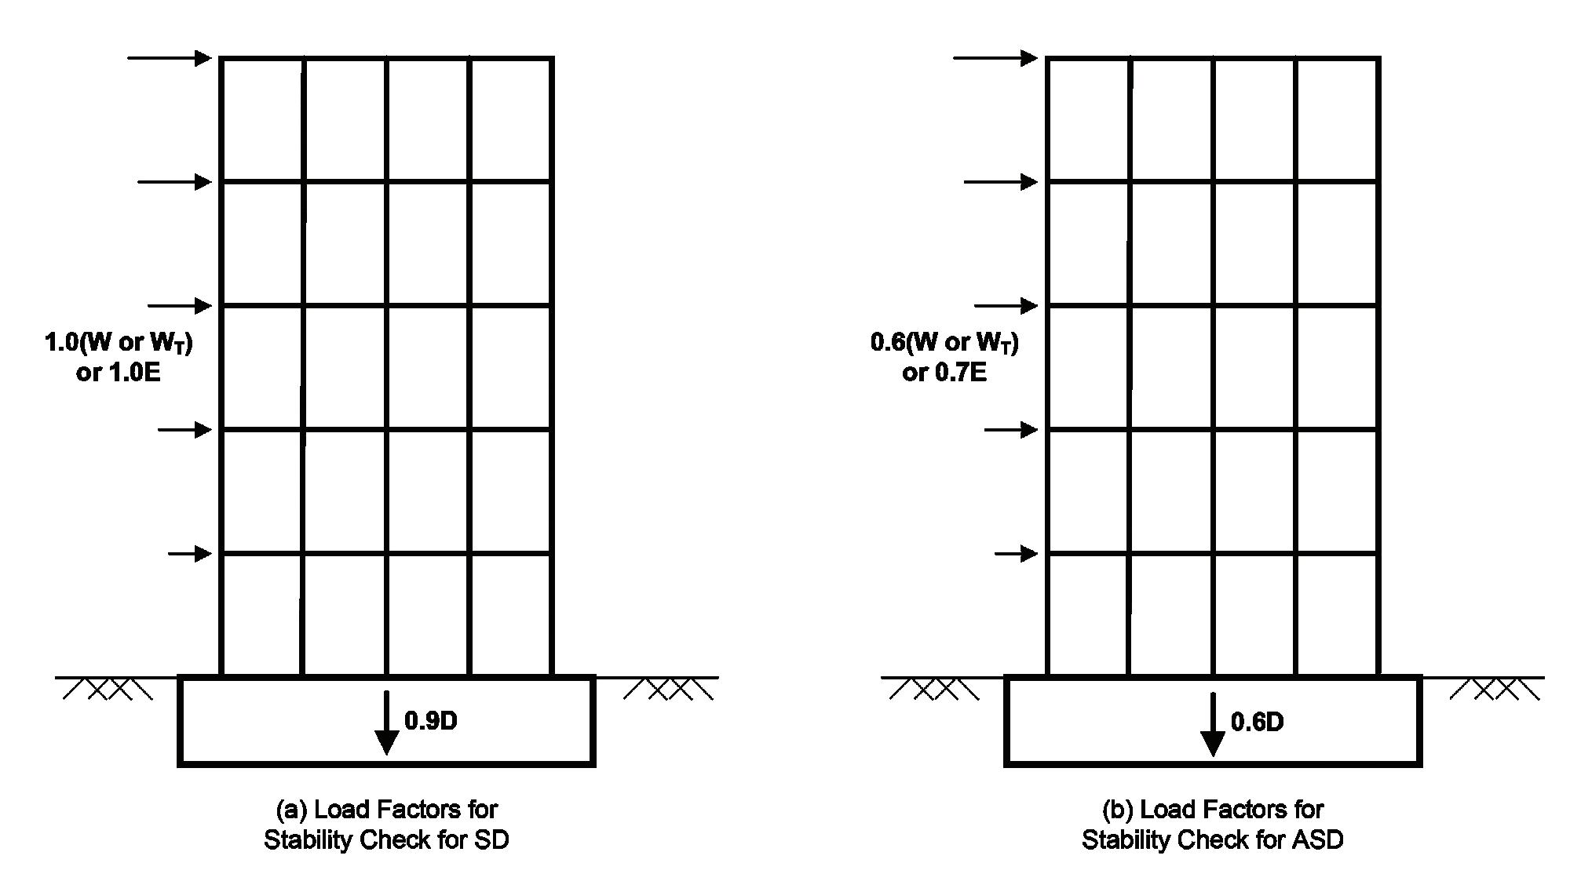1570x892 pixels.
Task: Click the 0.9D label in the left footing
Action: pyautogui.click(x=430, y=721)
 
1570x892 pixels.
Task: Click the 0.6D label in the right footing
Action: pyautogui.click(x=1257, y=722)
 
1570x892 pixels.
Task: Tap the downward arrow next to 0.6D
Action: pyautogui.click(x=1213, y=724)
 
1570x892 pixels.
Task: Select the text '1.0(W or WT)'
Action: pyautogui.click(x=119, y=343)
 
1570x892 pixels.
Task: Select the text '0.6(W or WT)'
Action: pyautogui.click(x=944, y=343)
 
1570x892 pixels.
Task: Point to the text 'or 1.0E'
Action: pyautogui.click(x=119, y=373)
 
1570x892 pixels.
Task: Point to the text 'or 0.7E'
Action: pyautogui.click(x=944, y=373)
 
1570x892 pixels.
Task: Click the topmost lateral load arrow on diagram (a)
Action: pyautogui.click(x=170, y=57)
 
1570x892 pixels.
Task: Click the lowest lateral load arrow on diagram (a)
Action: pyautogui.click(x=190, y=554)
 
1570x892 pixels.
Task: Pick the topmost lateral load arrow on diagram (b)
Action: pyautogui.click(x=995, y=57)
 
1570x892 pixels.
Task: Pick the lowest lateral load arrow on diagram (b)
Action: pyautogui.click(x=1016, y=554)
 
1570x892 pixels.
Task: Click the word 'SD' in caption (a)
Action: pyautogui.click(x=491, y=840)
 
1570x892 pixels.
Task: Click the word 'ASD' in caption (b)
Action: pyautogui.click(x=1316, y=840)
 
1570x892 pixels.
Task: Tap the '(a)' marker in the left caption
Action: pyautogui.click(x=290, y=809)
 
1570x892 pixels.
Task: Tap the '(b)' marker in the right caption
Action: pyautogui.click(x=1117, y=809)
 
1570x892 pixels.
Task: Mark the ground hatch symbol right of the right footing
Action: pyautogui.click(x=1495, y=689)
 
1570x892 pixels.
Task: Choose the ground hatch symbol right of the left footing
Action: pyautogui.click(x=669, y=689)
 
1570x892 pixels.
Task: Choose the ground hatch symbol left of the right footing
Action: pyautogui.click(x=934, y=689)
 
